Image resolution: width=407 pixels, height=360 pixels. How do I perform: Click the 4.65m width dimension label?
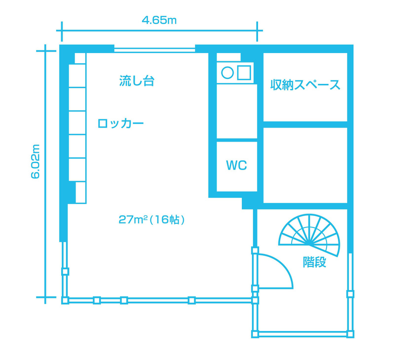(x=159, y=20)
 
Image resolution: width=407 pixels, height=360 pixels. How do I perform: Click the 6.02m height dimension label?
(x=36, y=161)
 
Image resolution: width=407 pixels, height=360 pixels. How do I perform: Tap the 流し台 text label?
(x=137, y=81)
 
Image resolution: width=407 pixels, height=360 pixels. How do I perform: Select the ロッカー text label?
(x=120, y=123)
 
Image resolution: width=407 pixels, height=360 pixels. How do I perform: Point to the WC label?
(x=236, y=165)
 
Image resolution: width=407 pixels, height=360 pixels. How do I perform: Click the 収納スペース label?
(x=305, y=85)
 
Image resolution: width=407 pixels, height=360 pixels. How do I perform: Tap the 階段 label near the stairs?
(x=315, y=262)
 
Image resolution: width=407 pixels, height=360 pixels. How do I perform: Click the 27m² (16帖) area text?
(x=151, y=220)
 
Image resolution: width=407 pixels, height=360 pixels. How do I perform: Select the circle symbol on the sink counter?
(x=227, y=72)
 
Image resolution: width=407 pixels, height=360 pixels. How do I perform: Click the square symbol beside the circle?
(x=244, y=72)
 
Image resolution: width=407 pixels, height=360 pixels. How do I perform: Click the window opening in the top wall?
(x=155, y=50)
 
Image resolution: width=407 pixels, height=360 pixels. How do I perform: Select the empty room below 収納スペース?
(x=305, y=165)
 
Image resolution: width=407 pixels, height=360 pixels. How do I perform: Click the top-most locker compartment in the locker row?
(x=80, y=58)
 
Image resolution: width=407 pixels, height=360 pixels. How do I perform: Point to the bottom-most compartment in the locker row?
(x=80, y=192)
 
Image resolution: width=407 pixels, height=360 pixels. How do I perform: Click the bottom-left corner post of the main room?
(x=65, y=300)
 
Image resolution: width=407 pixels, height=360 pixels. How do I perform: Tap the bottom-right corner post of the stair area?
(x=350, y=334)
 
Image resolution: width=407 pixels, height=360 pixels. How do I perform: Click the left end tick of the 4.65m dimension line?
(x=62, y=31)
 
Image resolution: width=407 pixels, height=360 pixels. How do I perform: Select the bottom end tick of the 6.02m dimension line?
(x=46, y=297)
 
